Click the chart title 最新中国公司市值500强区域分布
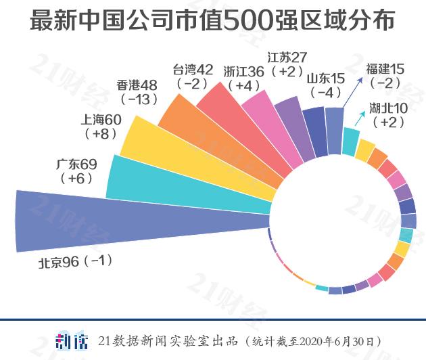coord(212,21)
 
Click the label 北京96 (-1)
coord(74,263)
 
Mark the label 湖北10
coord(388,108)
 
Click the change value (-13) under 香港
coord(138,99)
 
